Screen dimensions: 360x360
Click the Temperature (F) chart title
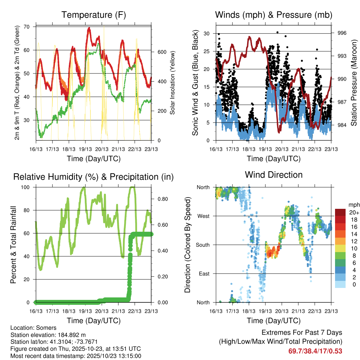click(94, 15)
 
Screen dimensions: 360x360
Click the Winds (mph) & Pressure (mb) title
click(274, 15)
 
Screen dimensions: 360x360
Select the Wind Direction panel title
click(274, 175)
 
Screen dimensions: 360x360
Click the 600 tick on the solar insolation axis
click(161, 52)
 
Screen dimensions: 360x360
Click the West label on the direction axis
click(203, 216)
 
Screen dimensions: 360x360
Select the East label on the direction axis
click(204, 274)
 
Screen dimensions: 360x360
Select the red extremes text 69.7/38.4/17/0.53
click(315, 351)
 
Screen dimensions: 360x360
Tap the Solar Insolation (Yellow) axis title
click(173, 83)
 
